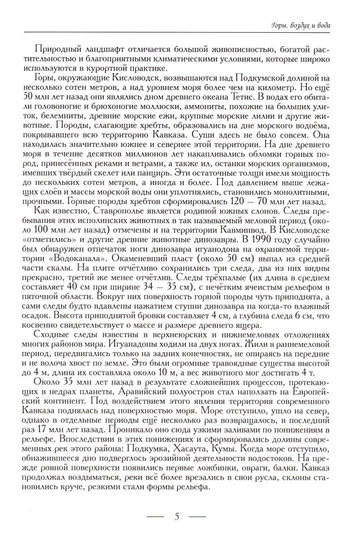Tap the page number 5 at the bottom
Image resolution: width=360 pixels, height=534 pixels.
pos(176,516)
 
